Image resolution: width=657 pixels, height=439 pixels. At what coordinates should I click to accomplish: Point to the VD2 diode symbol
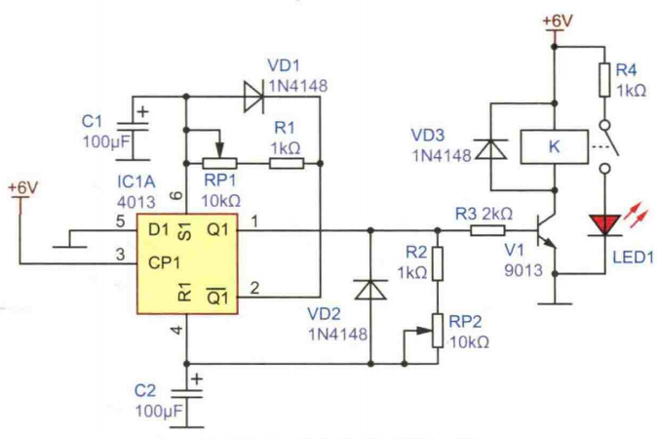(370, 291)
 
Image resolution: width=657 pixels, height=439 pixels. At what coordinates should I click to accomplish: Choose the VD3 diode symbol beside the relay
(494, 148)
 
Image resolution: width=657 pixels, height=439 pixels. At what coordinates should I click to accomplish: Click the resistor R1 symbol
(286, 164)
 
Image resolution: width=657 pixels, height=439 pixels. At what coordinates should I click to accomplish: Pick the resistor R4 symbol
(605, 80)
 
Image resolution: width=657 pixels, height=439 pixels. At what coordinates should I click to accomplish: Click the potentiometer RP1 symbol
(218, 162)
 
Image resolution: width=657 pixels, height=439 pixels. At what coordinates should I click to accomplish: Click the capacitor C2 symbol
(186, 388)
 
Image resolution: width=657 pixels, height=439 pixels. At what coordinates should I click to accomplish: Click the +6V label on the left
(21, 185)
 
